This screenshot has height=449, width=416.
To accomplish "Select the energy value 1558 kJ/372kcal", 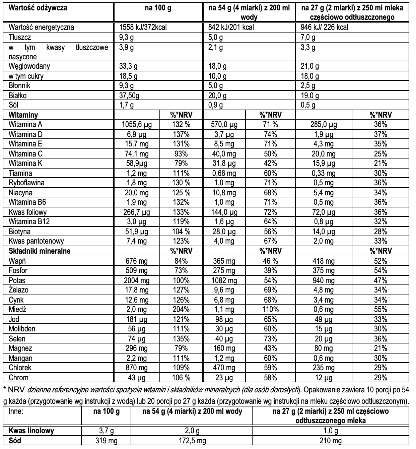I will coord(145,27).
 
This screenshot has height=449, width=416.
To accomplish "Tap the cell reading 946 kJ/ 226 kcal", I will coord(324,27).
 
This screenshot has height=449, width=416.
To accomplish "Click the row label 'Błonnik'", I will coord(19,86).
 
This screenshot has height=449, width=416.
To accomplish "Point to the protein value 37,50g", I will coord(129,95).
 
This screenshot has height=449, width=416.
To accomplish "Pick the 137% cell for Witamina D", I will coord(181,134).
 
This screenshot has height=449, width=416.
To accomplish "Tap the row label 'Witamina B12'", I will coord(29,221).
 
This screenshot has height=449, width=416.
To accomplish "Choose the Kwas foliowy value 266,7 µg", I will coord(136,212).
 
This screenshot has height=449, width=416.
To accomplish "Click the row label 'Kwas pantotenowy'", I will coord(36,241).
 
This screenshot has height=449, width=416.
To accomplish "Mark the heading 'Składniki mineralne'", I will coord(40,251).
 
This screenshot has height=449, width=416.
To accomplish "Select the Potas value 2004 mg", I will coord(136,280).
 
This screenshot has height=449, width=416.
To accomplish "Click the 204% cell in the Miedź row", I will coord(181,310).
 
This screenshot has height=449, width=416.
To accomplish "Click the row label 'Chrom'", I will coord(18,378).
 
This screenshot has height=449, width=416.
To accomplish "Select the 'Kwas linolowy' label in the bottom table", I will coord(31,431).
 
